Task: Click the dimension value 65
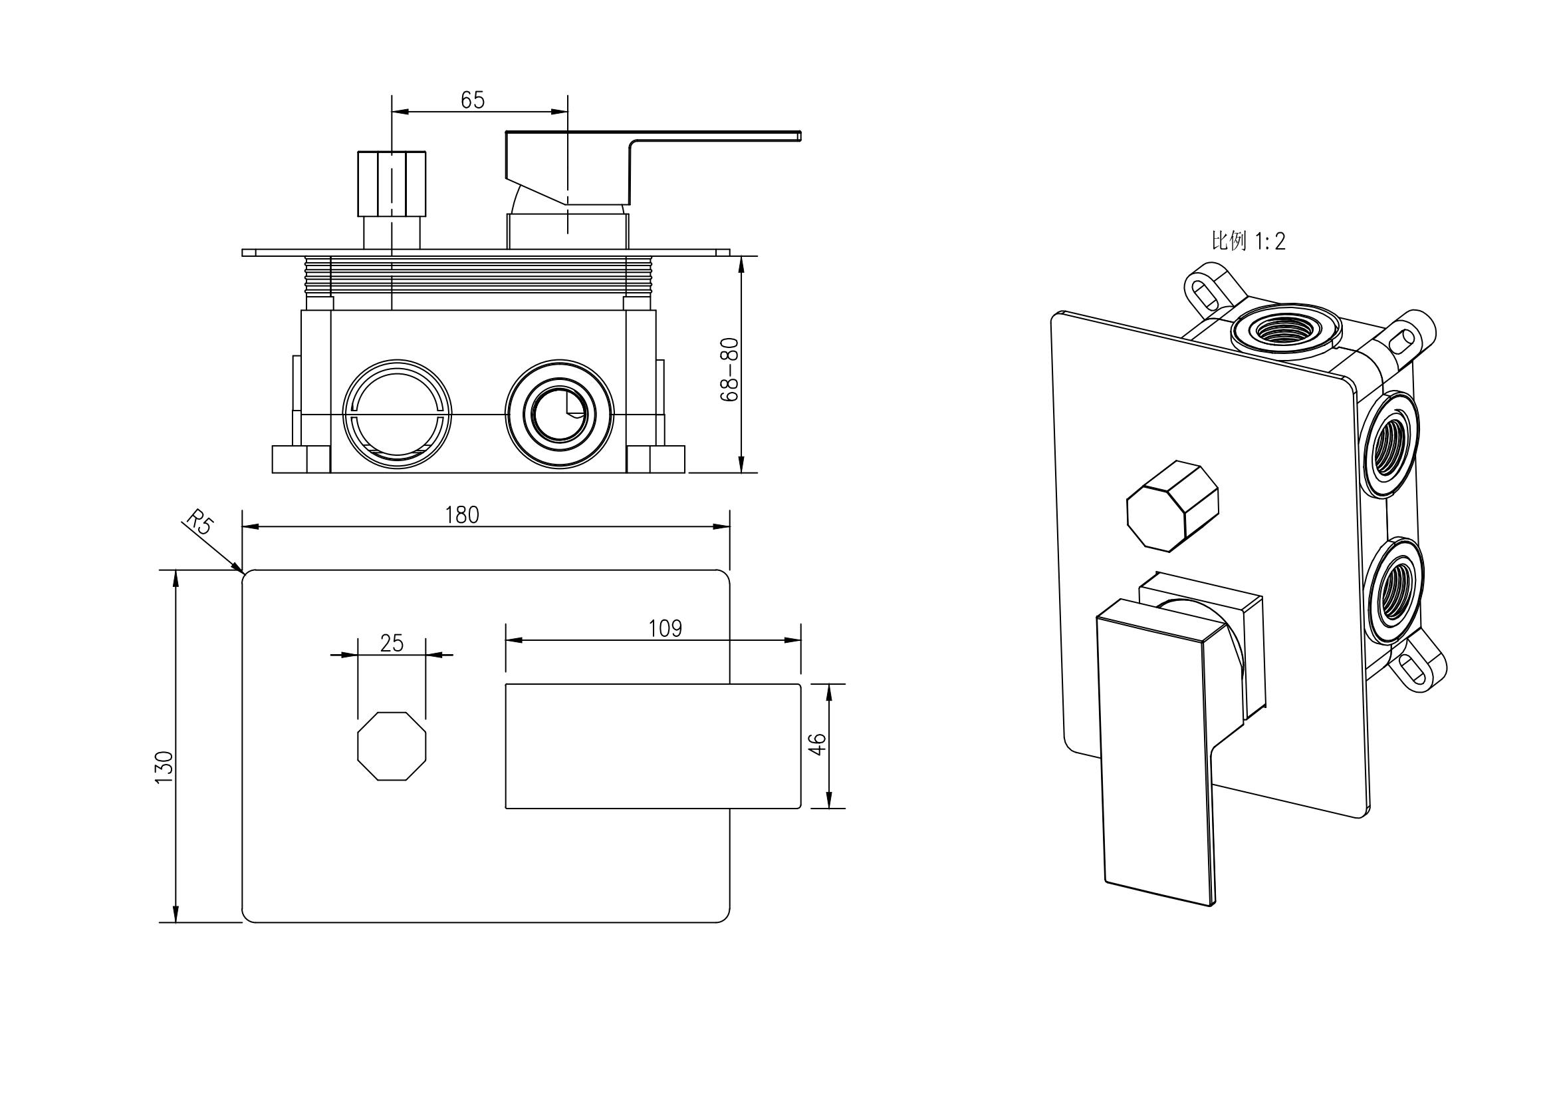473,100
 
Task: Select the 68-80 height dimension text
730,369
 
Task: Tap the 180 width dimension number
462,516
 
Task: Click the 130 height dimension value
165,767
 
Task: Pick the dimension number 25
392,643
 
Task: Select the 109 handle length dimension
665,629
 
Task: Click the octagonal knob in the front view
392,746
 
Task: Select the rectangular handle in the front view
653,746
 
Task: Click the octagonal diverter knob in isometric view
1171,506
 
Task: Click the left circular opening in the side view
397,413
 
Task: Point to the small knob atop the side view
392,183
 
